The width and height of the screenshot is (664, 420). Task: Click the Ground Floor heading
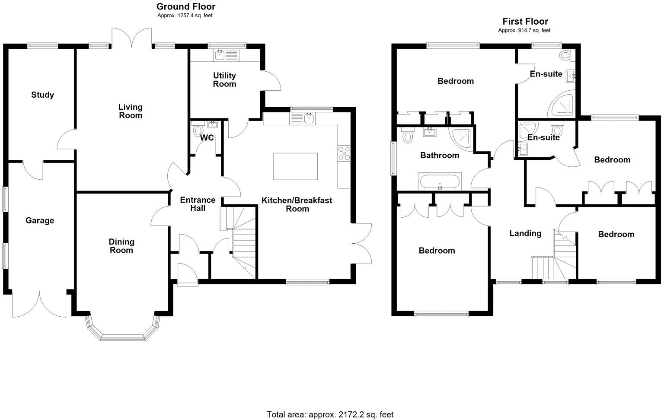185,6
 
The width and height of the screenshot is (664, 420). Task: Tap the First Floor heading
525,21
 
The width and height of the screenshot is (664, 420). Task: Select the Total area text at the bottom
330,414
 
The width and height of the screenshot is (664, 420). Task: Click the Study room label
42,95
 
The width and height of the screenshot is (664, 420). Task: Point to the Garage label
40,220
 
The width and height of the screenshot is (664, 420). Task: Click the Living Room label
130,111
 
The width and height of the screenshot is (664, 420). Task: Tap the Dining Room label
121,246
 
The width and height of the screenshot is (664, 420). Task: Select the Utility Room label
224,80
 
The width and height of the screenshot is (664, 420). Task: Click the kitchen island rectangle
295,166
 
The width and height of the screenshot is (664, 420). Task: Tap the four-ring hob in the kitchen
344,153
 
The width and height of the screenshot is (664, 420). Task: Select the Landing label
525,233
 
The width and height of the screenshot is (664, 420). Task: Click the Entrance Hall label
198,204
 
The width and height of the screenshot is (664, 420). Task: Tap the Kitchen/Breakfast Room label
297,204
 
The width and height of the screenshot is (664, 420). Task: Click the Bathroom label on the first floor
440,155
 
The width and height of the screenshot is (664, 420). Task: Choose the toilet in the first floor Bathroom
407,136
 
